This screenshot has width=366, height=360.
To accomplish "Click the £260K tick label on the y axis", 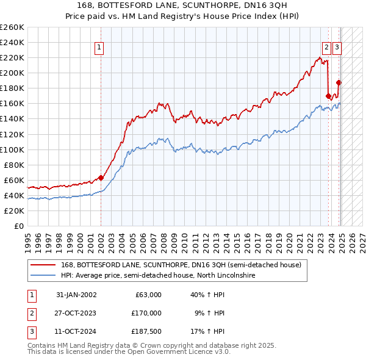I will (12, 27).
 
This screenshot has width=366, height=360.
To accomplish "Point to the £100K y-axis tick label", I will (12, 149).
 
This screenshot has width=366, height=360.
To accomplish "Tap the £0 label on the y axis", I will (20, 226).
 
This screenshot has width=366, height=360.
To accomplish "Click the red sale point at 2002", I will (101, 178).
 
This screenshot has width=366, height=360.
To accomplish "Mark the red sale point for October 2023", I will (328, 96).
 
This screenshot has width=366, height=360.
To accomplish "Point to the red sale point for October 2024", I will (339, 82).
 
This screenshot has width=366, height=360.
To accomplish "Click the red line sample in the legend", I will (44, 265).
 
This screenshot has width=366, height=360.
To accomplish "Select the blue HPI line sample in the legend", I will (44, 276).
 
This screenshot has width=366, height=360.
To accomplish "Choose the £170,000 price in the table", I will (146, 313).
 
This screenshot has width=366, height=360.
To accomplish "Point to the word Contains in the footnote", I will (43, 345).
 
